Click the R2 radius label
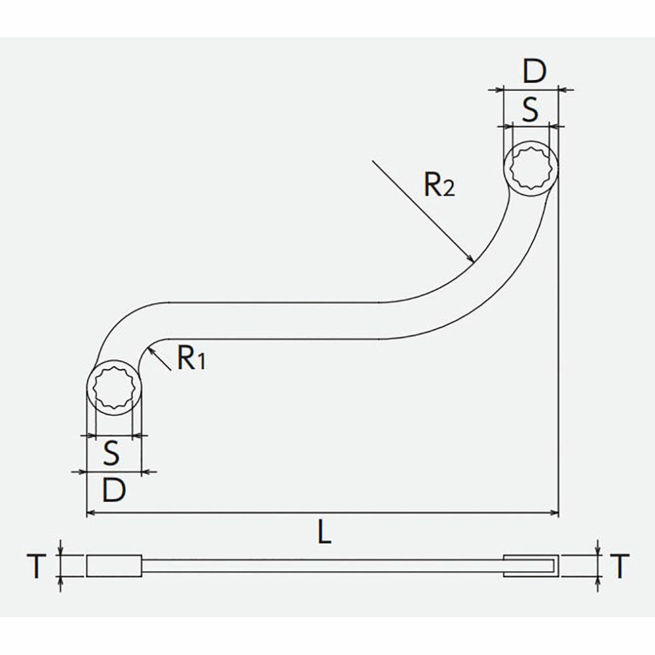point(439,184)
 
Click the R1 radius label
point(191,358)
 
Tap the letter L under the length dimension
point(324,531)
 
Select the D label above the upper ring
point(534,71)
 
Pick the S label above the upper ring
point(530,109)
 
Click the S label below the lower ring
point(111,453)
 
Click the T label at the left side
point(36,566)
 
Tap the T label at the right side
point(620,566)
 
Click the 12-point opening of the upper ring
point(530,169)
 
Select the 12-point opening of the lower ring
point(113,389)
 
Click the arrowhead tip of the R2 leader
point(474,262)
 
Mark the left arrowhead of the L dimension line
point(87,513)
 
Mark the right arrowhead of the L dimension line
point(558,513)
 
